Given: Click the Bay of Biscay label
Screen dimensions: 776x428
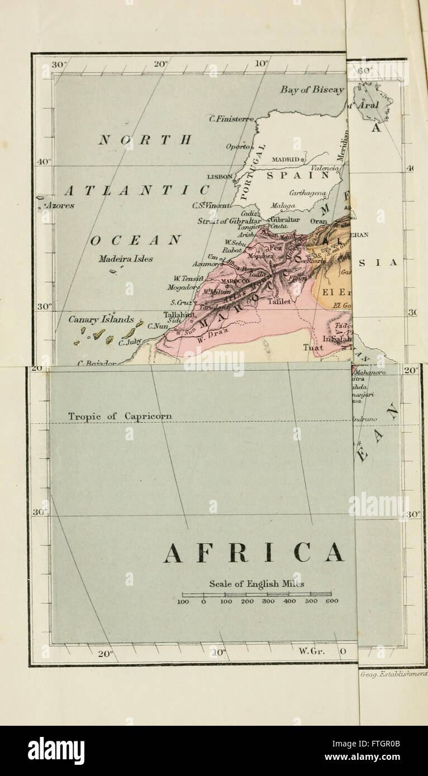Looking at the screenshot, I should [x=312, y=90].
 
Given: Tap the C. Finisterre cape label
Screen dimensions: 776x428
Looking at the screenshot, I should [x=231, y=118].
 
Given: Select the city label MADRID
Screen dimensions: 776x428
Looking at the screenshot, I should [x=286, y=159].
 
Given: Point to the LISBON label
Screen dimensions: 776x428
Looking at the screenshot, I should [x=220, y=176].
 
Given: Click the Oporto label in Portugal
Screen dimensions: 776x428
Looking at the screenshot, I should [x=237, y=146].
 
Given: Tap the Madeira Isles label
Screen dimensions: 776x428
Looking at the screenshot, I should [x=126, y=259].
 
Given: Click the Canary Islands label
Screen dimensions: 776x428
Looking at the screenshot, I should [x=101, y=320].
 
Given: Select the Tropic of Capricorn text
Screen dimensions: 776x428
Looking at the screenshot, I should [x=120, y=416].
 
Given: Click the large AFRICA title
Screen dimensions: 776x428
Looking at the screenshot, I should [x=254, y=553].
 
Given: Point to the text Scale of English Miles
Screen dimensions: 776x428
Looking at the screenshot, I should [x=256, y=584].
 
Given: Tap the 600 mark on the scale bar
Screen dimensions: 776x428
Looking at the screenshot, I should [x=331, y=601].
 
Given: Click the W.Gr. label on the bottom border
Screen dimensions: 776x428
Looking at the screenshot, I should [x=311, y=651].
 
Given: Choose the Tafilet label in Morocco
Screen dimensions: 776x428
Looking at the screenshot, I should [x=279, y=301].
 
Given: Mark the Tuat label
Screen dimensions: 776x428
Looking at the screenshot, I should [x=312, y=347].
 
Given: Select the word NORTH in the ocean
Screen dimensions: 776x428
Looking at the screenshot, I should [x=145, y=140].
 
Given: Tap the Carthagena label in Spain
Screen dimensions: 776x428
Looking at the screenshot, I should [x=308, y=193].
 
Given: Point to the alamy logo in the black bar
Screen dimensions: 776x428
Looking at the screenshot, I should [x=56, y=750].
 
